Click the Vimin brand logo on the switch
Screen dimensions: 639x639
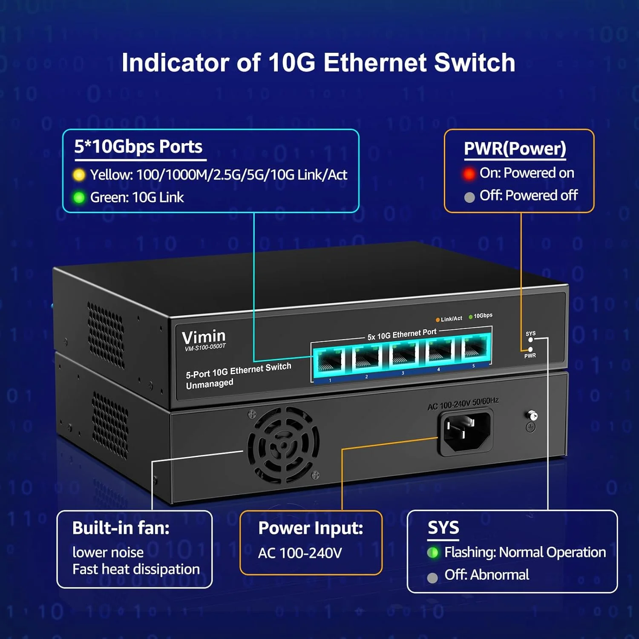(203, 337)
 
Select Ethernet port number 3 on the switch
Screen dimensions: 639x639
(403, 354)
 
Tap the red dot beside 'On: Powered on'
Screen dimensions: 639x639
(469, 174)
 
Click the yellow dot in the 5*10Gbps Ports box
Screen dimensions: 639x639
(79, 175)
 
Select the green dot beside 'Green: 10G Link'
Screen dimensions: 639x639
(79, 198)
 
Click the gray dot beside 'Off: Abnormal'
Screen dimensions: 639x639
(432, 578)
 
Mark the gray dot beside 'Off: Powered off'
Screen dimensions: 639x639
(469, 197)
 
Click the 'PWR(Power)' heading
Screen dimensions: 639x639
(515, 149)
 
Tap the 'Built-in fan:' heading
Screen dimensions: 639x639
(121, 528)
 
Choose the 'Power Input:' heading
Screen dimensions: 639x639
(311, 528)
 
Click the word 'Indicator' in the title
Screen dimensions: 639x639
(175, 63)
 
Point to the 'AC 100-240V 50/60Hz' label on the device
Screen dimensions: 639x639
(463, 403)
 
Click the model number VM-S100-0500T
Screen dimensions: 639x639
(205, 348)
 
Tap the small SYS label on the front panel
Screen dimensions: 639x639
(530, 334)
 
